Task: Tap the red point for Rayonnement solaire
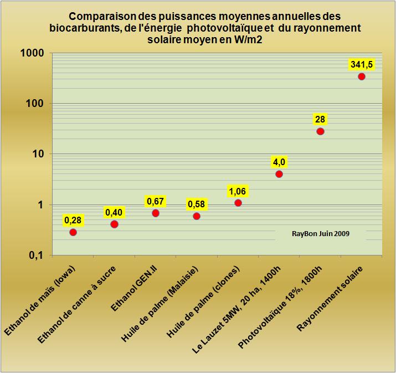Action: click(x=362, y=76)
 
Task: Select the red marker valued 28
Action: click(x=320, y=131)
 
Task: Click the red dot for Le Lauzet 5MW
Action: click(x=279, y=174)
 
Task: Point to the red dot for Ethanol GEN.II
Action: click(x=156, y=213)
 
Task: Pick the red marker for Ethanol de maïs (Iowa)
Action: click(x=73, y=232)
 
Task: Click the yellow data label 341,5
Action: click(x=362, y=65)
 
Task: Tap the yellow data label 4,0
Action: click(x=279, y=162)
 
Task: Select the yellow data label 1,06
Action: click(x=238, y=191)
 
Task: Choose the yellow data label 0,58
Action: click(x=197, y=205)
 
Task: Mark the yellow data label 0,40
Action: click(x=114, y=212)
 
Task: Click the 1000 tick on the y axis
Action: click(x=34, y=53)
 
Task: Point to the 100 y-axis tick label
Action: click(x=37, y=104)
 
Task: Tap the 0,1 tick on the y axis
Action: click(x=38, y=256)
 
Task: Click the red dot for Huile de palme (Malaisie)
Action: click(x=197, y=216)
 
